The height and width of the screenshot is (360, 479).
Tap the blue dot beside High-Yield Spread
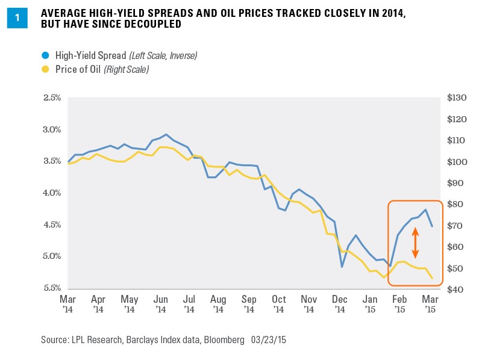(45, 55)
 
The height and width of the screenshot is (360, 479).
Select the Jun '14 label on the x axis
(160, 303)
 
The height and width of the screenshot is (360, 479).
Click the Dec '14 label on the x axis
(339, 303)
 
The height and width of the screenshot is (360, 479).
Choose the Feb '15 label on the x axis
(399, 303)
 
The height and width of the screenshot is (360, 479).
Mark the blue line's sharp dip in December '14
(342, 266)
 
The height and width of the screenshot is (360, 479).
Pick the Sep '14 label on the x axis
(249, 303)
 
